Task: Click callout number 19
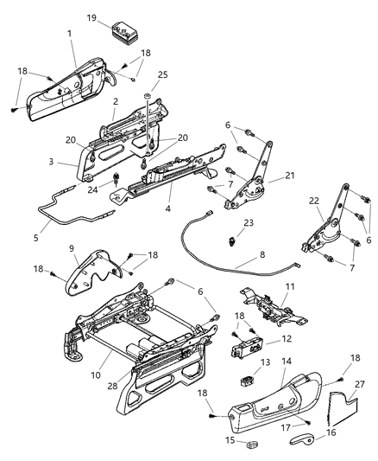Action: coord(91,17)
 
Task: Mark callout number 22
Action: coord(314,201)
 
